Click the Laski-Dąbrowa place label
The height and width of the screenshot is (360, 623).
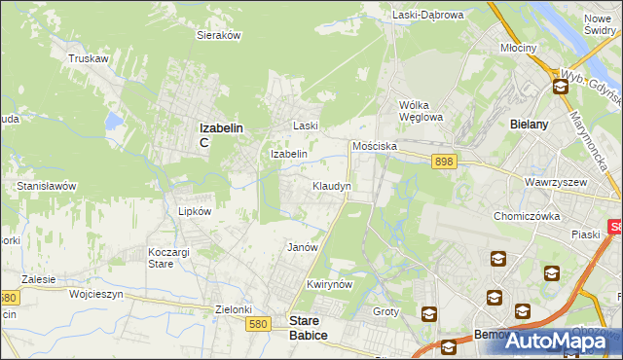point(428,15)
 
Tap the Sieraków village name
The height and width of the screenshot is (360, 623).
point(219,34)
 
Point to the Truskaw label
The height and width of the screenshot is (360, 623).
point(87,58)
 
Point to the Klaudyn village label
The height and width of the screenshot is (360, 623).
point(331,185)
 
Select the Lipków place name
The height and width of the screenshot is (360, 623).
point(182,210)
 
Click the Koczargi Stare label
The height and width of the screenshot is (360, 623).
point(166,258)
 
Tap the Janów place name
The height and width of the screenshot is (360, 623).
point(303,247)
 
